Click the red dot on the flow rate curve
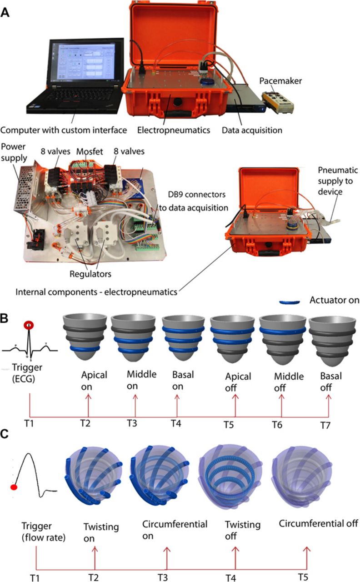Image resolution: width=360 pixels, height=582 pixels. click(14, 487)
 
